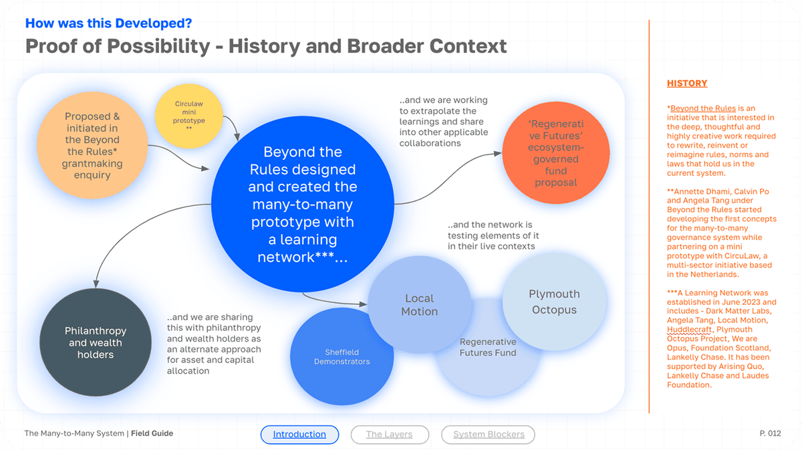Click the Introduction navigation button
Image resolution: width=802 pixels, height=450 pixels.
pyautogui.click(x=299, y=435)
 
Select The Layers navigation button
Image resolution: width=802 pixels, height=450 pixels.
pyautogui.click(x=389, y=435)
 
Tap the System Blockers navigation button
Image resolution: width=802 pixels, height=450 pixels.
pyautogui.click(x=489, y=435)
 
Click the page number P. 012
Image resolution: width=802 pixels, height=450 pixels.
pyautogui.click(x=770, y=434)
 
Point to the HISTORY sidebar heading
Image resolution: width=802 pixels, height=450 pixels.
pyautogui.click(x=687, y=84)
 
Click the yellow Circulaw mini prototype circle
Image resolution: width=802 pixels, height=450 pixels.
pyautogui.click(x=189, y=115)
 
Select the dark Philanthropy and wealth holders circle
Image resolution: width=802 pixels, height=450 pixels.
pyautogui.click(x=95, y=342)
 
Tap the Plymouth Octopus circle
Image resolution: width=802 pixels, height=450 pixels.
pyautogui.click(x=554, y=302)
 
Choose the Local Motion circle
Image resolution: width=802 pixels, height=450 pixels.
pyautogui.click(x=419, y=304)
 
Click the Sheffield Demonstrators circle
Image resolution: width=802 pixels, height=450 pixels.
pyautogui.click(x=342, y=357)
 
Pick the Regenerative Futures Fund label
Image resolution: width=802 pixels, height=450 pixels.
pyautogui.click(x=488, y=347)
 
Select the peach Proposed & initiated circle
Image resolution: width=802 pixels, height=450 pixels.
pyautogui.click(x=92, y=145)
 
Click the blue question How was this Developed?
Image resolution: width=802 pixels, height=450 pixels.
pyautogui.click(x=108, y=23)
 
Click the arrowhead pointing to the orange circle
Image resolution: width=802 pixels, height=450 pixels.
pyautogui.click(x=498, y=153)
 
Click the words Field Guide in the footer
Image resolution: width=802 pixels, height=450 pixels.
pyautogui.click(x=152, y=434)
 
